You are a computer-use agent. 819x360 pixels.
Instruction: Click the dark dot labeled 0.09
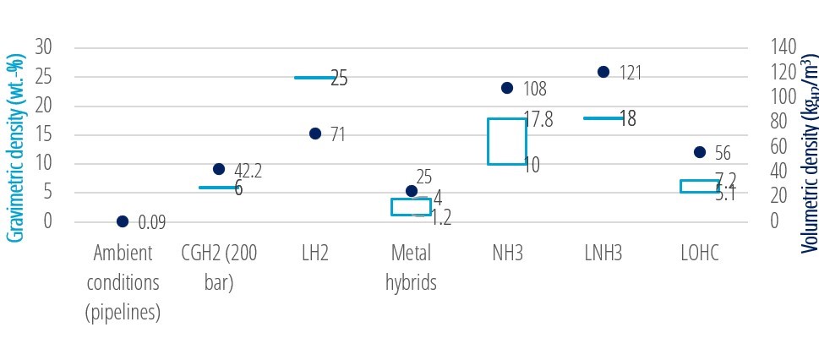pyautogui.click(x=123, y=221)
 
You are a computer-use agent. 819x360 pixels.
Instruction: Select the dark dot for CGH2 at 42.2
pyautogui.click(x=219, y=169)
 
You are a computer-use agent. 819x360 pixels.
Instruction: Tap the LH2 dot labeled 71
pyautogui.click(x=315, y=134)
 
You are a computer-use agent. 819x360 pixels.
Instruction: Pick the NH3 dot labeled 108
pyautogui.click(x=507, y=88)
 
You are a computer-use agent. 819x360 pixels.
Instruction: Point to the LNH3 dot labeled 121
pyautogui.click(x=603, y=72)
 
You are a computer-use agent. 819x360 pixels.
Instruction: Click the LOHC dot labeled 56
pyautogui.click(x=700, y=152)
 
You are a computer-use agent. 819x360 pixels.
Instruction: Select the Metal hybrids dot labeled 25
pyautogui.click(x=412, y=191)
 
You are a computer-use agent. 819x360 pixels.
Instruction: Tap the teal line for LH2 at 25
pyautogui.click(x=314, y=78)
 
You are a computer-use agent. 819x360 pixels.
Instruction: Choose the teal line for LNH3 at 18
pyautogui.click(x=603, y=118)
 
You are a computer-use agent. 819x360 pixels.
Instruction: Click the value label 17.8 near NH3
pyautogui.click(x=538, y=120)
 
